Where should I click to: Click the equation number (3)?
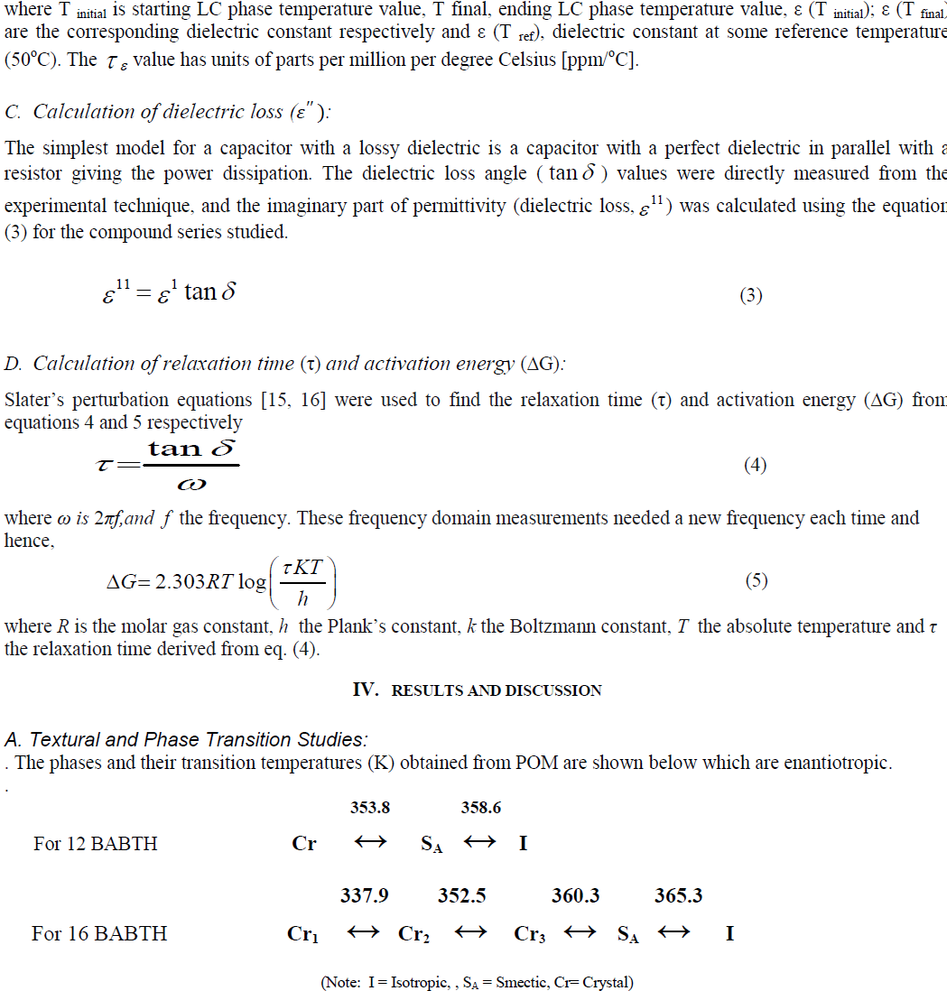tap(751, 295)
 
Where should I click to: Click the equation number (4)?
tap(755, 466)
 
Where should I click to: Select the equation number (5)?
tap(757, 581)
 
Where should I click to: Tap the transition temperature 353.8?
tap(370, 808)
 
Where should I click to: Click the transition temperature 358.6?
tap(480, 808)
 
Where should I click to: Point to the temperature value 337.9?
tap(365, 895)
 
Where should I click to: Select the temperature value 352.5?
tap(462, 895)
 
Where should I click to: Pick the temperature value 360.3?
tap(576, 895)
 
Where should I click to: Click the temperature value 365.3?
tap(679, 895)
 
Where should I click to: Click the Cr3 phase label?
tap(530, 934)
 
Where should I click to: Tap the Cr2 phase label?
tap(413, 934)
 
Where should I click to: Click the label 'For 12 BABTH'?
tap(96, 844)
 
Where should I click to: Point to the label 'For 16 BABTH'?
tap(99, 933)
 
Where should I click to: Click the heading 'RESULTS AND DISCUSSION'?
tap(496, 690)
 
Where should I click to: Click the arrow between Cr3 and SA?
tap(580, 933)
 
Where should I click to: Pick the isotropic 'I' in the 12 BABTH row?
tap(523, 844)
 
